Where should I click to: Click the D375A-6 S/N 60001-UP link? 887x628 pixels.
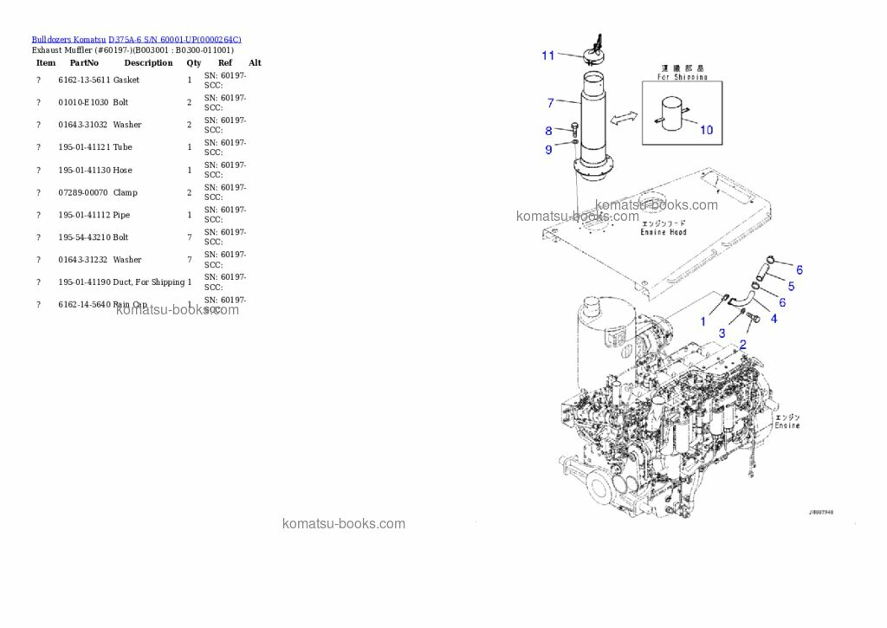[x=174, y=39]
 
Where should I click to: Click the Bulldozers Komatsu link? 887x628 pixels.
[x=68, y=39]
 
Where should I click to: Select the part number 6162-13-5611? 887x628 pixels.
[x=84, y=80]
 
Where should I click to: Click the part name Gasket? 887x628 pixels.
[x=126, y=80]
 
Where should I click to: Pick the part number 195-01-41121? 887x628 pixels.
[x=84, y=147]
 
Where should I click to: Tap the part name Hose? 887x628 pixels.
[x=122, y=170]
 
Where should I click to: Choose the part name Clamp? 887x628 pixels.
[x=125, y=192]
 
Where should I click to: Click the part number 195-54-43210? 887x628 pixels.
[x=84, y=237]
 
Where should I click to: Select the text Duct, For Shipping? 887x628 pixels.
[x=149, y=282]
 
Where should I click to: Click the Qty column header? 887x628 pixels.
[x=193, y=62]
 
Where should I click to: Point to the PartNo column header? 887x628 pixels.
[x=84, y=62]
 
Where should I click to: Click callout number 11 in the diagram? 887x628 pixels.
[x=548, y=55]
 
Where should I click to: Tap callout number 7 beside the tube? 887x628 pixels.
[x=551, y=103]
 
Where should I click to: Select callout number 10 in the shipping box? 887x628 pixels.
[x=706, y=130]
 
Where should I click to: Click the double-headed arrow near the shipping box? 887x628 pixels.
[x=625, y=117]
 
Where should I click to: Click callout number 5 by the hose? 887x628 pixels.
[x=791, y=286]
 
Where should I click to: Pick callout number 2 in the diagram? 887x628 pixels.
[x=742, y=344]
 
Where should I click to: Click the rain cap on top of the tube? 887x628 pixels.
[x=595, y=54]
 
